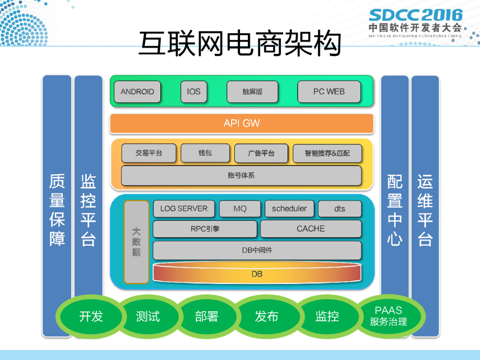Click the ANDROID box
click(x=137, y=92)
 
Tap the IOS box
click(x=194, y=92)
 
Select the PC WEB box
click(x=329, y=92)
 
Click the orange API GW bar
click(x=241, y=124)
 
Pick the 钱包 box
click(x=205, y=153)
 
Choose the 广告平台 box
click(x=261, y=153)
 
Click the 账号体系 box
click(x=241, y=176)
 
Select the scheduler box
click(x=289, y=209)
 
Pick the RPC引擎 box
click(x=205, y=229)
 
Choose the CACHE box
click(x=311, y=229)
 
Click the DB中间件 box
click(x=257, y=250)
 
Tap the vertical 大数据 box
click(x=136, y=242)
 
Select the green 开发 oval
click(x=91, y=316)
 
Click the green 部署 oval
click(x=207, y=316)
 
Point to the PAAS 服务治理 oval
click(x=389, y=316)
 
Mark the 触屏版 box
click(x=253, y=92)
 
